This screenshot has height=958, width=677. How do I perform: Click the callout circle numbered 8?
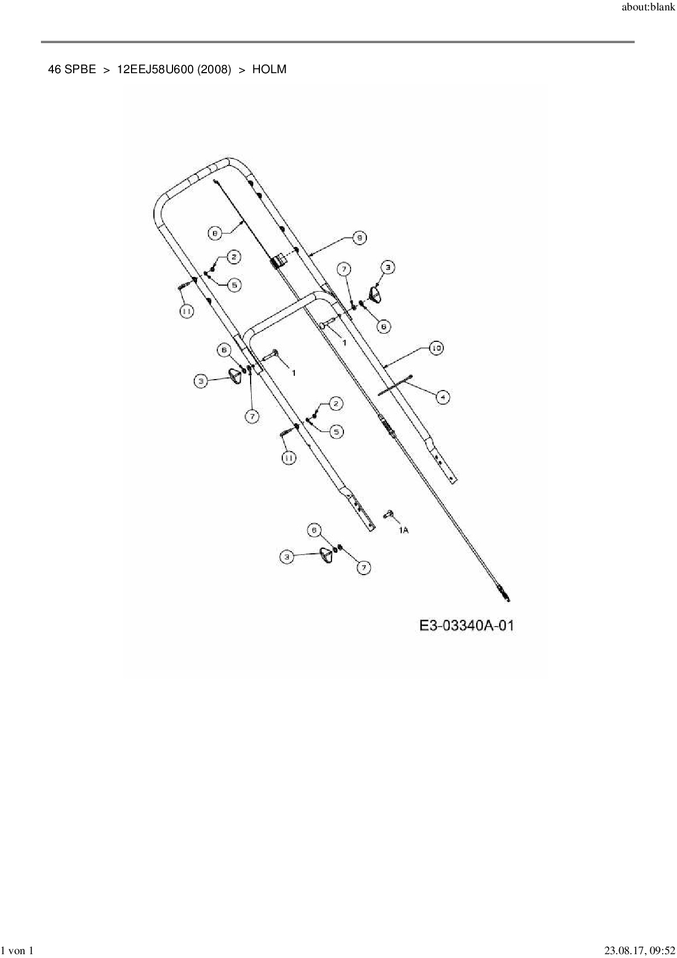(215, 233)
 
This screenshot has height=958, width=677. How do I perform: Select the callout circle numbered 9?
(359, 238)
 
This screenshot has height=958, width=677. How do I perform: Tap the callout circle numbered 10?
(436, 348)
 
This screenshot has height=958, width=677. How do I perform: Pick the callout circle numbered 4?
(443, 397)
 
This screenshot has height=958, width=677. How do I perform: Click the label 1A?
(403, 530)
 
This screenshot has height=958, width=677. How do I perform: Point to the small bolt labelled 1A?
(389, 513)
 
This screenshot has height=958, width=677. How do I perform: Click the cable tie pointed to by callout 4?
(394, 386)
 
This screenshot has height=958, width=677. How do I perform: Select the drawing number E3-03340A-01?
(466, 625)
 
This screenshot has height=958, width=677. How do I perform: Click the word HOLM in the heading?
(269, 69)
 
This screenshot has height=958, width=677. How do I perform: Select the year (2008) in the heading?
(215, 69)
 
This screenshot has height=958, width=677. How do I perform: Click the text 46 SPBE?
(72, 69)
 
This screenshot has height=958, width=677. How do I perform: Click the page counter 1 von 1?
(18, 950)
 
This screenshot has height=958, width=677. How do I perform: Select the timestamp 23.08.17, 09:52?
(639, 950)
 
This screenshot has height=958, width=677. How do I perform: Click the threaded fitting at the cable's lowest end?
(504, 594)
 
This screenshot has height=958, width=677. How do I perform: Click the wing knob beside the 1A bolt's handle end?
(326, 554)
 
